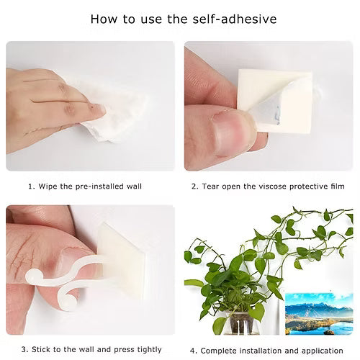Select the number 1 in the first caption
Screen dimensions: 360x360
[30, 186]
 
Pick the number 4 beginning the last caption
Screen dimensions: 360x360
[193, 351]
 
